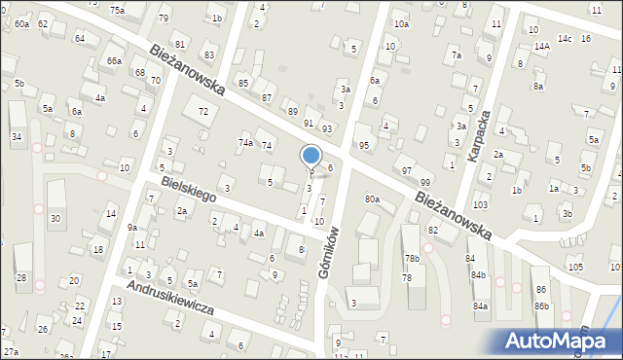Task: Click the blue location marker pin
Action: point(311,157)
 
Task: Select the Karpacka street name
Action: point(478,135)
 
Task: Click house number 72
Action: point(202,112)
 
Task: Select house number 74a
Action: point(246,143)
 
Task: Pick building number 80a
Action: point(372,199)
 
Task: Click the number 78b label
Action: point(413,259)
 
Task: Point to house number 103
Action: point(480,205)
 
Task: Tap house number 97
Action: point(407,170)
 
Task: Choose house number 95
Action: point(364,145)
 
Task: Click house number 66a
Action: point(114,60)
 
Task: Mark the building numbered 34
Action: point(17,136)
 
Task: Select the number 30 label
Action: point(55,218)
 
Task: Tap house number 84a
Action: point(480,306)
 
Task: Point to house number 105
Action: point(575,267)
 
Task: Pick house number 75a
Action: point(117,10)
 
